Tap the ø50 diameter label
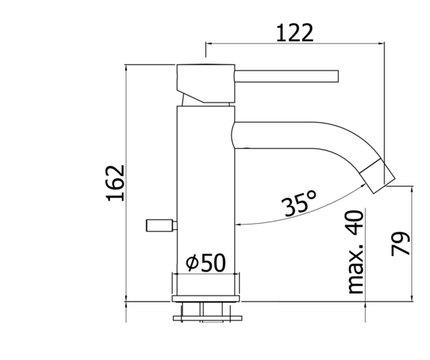point(205,262)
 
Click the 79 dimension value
point(402,245)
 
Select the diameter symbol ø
point(191,263)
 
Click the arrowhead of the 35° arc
point(238,224)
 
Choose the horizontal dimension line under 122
point(294,43)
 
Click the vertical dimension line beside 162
point(127,183)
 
